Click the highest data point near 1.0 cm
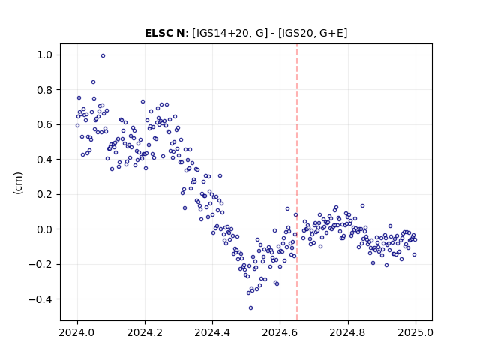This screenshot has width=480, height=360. click(103, 56)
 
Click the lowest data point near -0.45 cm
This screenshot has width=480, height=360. click(250, 308)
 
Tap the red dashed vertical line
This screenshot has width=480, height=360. click(297, 182)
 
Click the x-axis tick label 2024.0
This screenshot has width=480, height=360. click(77, 332)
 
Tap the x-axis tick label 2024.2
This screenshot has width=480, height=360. click(145, 332)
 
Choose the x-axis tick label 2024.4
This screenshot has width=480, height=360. click(212, 332)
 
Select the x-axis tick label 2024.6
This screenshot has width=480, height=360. click(280, 332)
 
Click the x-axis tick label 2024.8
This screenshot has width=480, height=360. click(348, 332)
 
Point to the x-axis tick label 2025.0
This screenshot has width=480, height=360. click(415, 332)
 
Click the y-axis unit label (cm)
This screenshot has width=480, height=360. click(18, 183)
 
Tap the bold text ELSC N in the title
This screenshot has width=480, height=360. click(165, 33)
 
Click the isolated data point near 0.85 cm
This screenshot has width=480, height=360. click(93, 82)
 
